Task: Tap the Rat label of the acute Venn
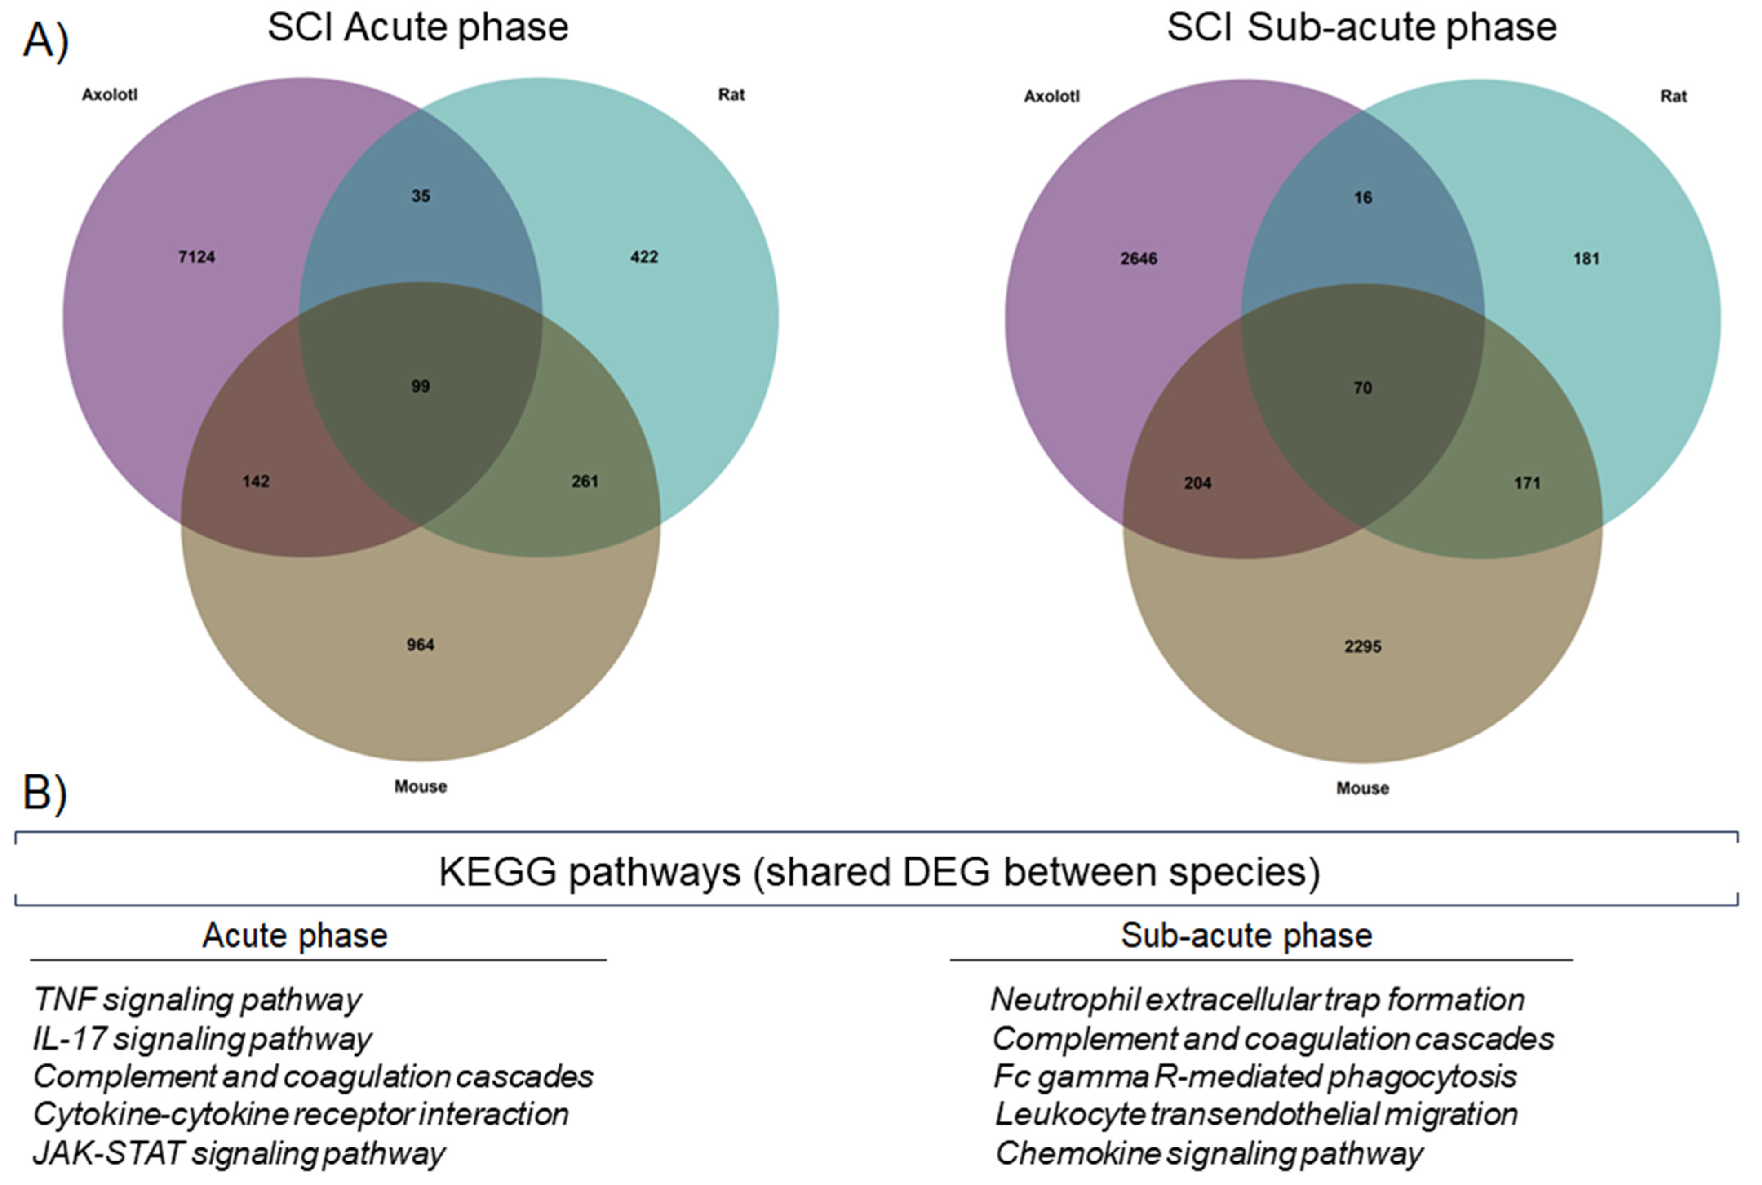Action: point(731,95)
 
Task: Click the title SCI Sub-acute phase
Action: point(1361,28)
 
